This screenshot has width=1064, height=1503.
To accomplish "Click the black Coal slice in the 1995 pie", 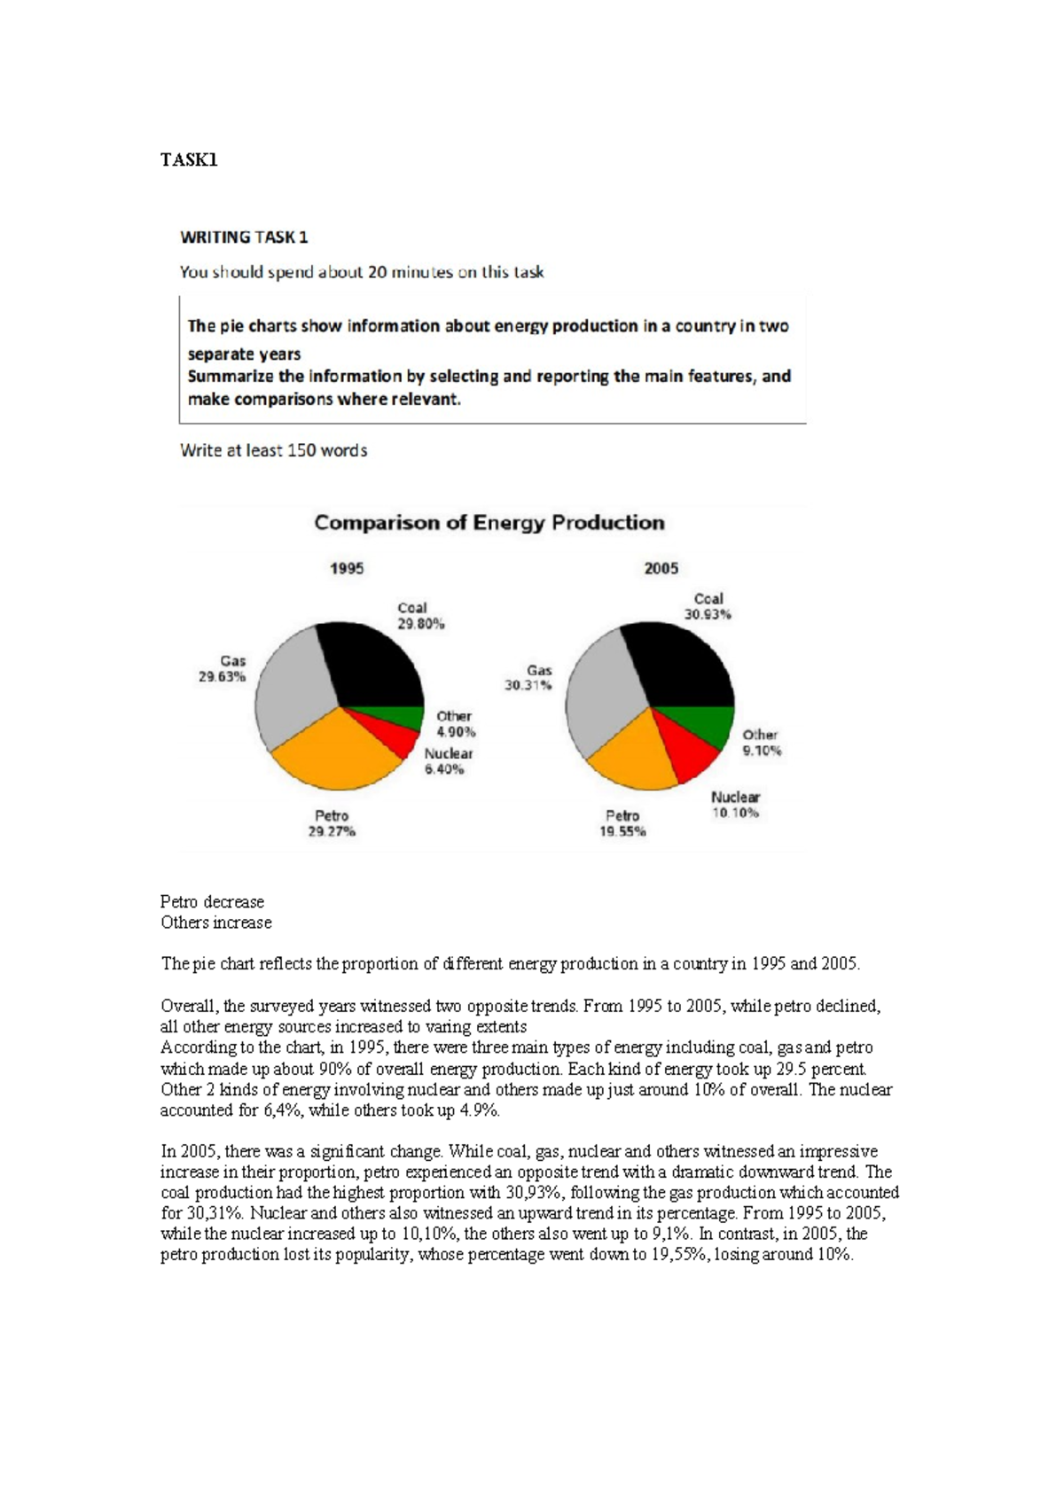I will [372, 669].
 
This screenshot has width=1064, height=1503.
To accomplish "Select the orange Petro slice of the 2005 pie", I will [631, 758].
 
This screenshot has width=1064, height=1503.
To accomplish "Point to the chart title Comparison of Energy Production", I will [489, 523].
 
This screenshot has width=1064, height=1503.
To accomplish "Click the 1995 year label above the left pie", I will [347, 568].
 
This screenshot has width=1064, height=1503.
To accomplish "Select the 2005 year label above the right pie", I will [661, 568].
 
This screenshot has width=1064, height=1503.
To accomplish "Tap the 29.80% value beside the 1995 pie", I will [421, 624].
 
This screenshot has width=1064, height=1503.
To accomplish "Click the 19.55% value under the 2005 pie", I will [622, 831].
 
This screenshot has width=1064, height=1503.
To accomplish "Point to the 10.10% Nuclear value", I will [735, 813].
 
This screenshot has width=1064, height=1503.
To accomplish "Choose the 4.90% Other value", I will [456, 732].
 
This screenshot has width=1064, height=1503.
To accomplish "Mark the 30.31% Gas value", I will [528, 685].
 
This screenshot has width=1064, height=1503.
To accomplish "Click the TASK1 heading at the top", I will [189, 160].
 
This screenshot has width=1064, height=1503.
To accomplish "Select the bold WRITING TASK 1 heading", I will [244, 238].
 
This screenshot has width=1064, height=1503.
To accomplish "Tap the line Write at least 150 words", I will [273, 450].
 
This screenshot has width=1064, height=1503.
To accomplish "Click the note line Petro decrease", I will [212, 901].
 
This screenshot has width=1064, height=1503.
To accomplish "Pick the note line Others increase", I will [215, 923].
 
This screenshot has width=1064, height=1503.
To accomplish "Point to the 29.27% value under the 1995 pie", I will [332, 831].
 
